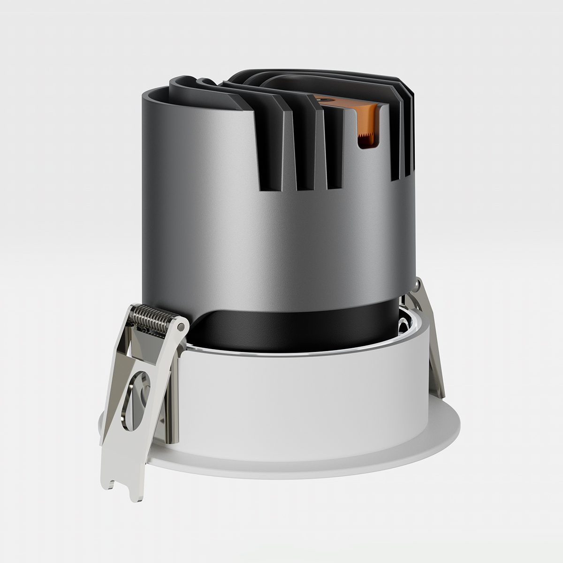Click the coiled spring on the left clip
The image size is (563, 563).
[151, 317]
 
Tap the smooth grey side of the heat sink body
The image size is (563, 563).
[211, 211]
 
